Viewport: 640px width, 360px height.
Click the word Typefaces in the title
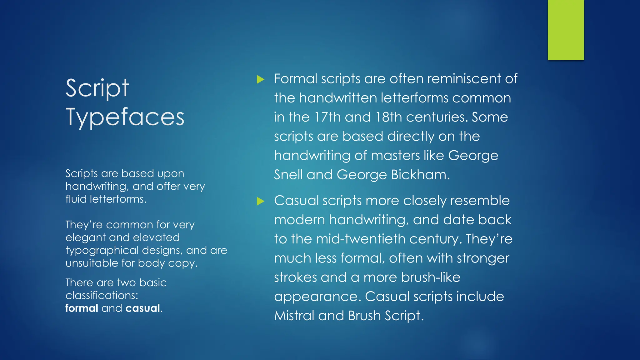(x=125, y=117)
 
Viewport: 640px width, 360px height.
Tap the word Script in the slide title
(x=97, y=88)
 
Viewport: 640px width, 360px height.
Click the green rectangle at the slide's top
(x=566, y=30)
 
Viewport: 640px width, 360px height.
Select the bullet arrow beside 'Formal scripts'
(x=260, y=79)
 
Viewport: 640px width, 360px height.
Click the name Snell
(x=288, y=174)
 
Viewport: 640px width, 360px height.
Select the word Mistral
(x=294, y=316)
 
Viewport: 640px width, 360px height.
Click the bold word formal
(x=82, y=308)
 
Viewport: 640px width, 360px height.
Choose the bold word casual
(x=143, y=308)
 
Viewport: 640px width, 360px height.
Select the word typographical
(x=102, y=251)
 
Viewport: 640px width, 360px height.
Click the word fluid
(x=76, y=199)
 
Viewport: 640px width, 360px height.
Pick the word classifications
(x=102, y=295)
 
